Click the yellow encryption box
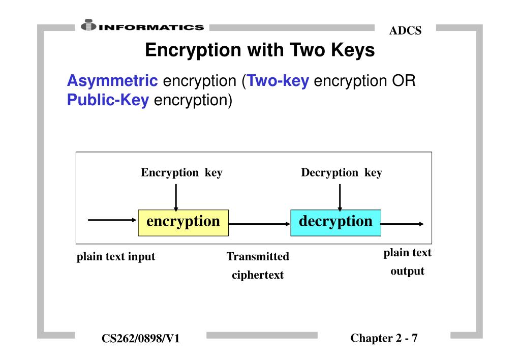pyautogui.click(x=183, y=222)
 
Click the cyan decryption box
pyautogui.click(x=335, y=222)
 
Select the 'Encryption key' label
pyautogui.click(x=181, y=173)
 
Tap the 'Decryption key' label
pyautogui.click(x=341, y=173)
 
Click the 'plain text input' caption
pyautogui.click(x=116, y=257)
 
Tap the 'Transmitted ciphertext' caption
pyautogui.click(x=258, y=266)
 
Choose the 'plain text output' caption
pyautogui.click(x=407, y=262)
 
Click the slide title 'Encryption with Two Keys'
pyautogui.click(x=260, y=51)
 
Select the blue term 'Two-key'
pyautogui.click(x=278, y=81)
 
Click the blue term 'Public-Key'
pyautogui.click(x=108, y=100)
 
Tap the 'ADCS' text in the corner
pyautogui.click(x=405, y=31)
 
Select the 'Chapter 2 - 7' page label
pyautogui.click(x=384, y=338)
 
